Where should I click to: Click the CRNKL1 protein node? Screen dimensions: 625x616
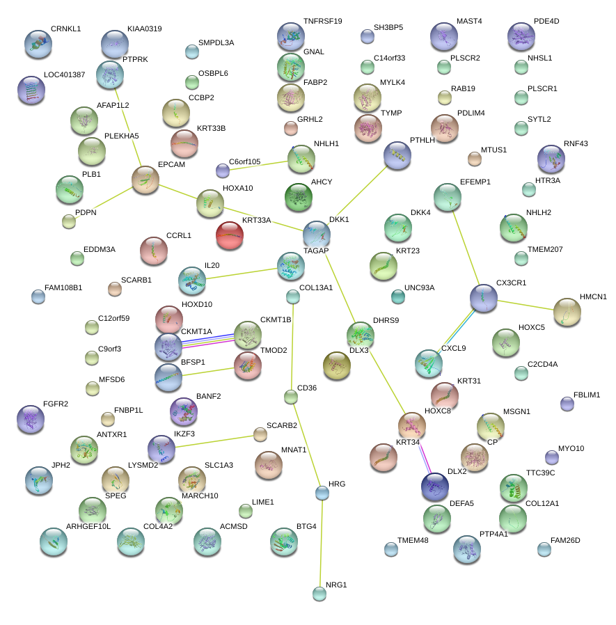coord(38,43)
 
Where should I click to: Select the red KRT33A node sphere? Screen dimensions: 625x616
coord(229,235)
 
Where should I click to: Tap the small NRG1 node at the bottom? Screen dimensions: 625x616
coord(319,593)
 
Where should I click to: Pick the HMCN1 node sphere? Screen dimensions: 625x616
coord(567,312)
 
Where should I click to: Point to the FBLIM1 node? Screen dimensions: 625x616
coord(567,403)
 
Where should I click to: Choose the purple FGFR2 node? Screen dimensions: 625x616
coord(30,418)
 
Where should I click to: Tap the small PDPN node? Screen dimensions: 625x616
coord(68,221)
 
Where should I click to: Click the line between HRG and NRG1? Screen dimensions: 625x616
coord(320,543)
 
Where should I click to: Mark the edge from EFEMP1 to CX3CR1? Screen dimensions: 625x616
coord(465,246)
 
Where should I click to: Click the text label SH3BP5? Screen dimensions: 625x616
coord(388,28)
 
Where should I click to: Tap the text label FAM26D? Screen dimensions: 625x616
coord(565,540)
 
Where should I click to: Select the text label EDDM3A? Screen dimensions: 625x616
coord(100,249)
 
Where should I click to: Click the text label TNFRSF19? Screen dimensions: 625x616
coord(322,22)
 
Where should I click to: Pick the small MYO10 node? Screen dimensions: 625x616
coord(551,457)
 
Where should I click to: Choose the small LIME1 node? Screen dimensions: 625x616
coord(245,511)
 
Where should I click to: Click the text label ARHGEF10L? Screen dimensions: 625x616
coord(88,526)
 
